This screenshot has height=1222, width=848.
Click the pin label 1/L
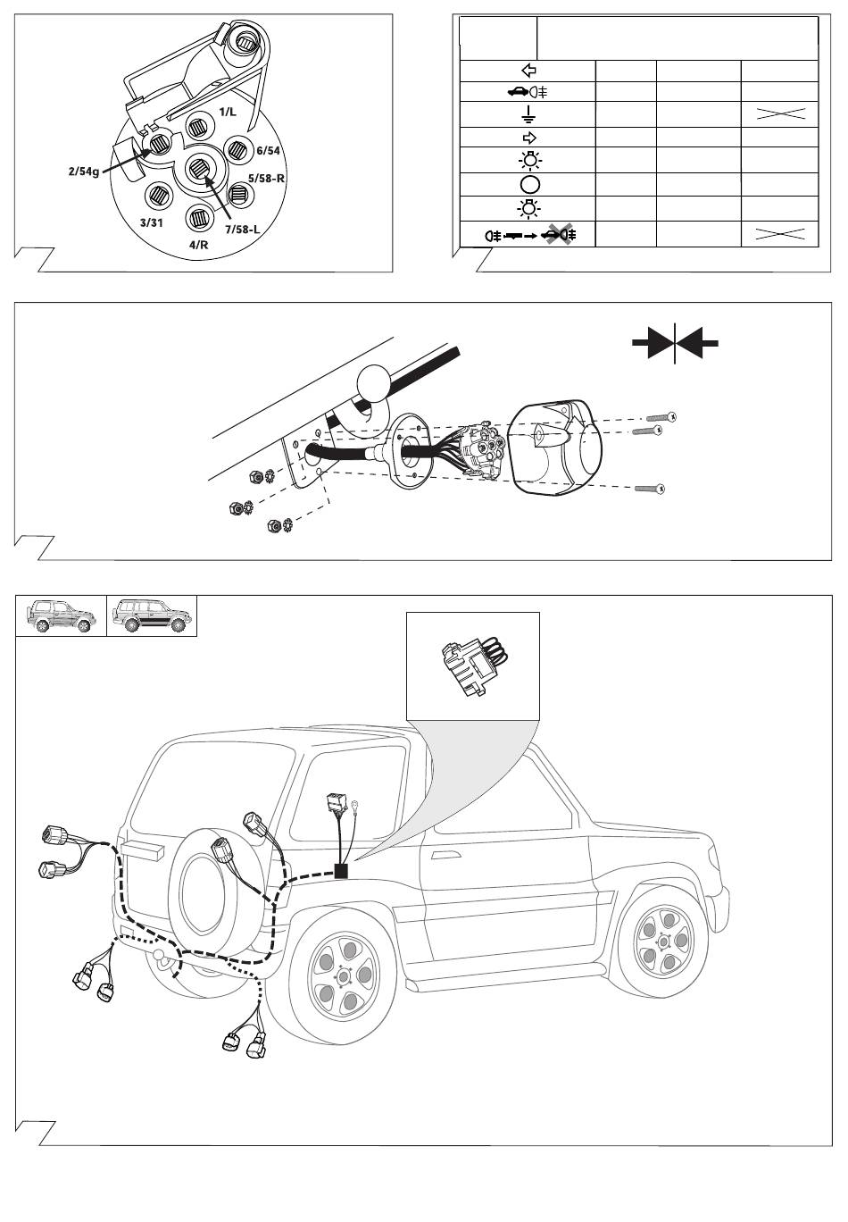pyautogui.click(x=228, y=111)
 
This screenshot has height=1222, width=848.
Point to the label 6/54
pyautogui.click(x=267, y=151)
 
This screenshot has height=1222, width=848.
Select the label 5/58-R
pyautogui.click(x=266, y=178)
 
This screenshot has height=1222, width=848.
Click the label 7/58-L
pyautogui.click(x=242, y=230)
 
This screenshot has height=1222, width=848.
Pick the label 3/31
pyautogui.click(x=151, y=222)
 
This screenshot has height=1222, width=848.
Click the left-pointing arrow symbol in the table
pyautogui.click(x=528, y=71)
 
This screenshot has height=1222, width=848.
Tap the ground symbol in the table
pyautogui.click(x=528, y=114)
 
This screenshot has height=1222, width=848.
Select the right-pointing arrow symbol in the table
pyautogui.click(x=528, y=138)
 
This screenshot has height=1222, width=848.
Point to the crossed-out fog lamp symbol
pyautogui.click(x=559, y=235)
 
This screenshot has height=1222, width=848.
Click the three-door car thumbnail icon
pyautogui.click(x=61, y=615)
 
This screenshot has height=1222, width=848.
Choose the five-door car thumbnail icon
pyautogui.click(x=152, y=615)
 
